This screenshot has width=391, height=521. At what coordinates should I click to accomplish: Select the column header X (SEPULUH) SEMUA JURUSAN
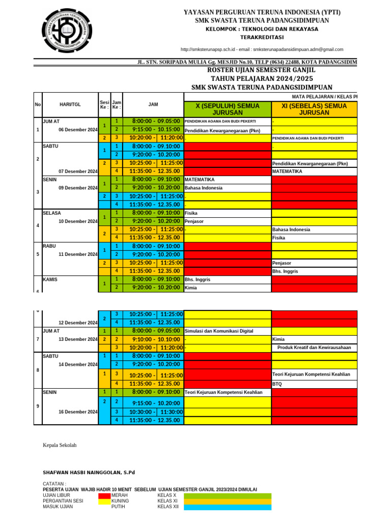coord(228,109)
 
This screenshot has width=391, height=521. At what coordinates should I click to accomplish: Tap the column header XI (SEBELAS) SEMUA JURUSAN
coord(314,109)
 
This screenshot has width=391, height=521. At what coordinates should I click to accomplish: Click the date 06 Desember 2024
coord(78,130)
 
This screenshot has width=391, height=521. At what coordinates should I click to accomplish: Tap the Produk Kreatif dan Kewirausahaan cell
coord(314,348)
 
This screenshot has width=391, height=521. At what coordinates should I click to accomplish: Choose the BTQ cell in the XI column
coord(277,384)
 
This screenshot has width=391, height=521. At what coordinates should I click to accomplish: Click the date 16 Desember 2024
coord(78,412)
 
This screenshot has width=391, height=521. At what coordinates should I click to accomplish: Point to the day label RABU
coord(49,246)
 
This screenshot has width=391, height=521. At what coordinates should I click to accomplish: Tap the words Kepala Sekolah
coord(60,445)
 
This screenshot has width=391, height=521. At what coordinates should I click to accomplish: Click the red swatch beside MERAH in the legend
coord(104,495)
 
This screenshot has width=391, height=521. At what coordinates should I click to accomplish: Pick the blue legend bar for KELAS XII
coord(227,507)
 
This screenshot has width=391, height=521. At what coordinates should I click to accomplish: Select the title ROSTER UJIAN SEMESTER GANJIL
coord(261,70)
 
